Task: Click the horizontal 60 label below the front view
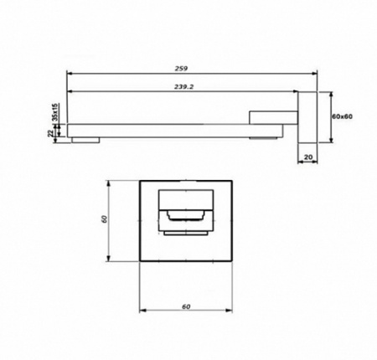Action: (186, 306)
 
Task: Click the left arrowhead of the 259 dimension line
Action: (69, 72)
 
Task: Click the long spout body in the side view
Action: (168, 129)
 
